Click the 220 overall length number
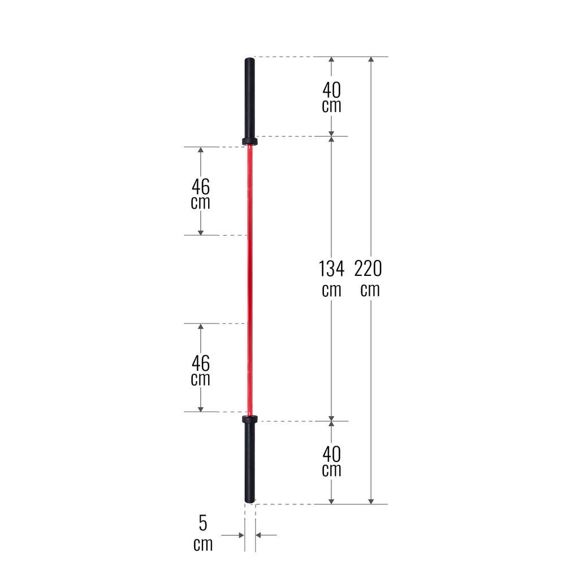click(368, 269)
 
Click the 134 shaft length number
click(331, 269)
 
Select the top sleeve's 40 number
click(331, 89)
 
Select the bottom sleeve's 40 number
click(331, 453)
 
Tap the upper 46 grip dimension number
click(200, 185)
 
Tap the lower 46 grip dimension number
click(200, 362)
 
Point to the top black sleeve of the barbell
click(249, 96)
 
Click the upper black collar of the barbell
click(249, 141)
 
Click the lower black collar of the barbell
click(249, 419)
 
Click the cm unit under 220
click(370, 290)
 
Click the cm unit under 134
click(331, 290)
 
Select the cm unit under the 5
click(203, 545)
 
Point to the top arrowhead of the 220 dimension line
click(371, 61)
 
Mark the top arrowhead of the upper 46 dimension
click(200, 151)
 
